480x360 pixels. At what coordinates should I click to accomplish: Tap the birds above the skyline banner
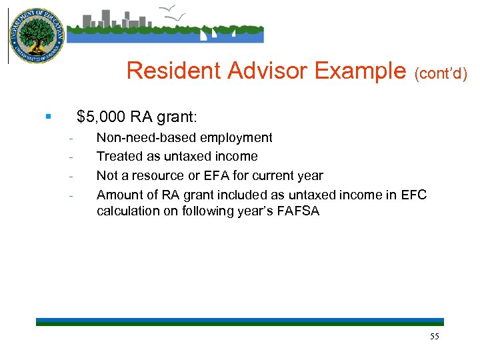[x=174, y=12]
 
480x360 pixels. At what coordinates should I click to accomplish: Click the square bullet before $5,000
[x=48, y=117]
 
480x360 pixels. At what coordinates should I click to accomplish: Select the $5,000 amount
[x=101, y=117]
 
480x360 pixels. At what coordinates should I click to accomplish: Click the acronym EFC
[x=413, y=195]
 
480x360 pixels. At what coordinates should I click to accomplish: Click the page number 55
[x=435, y=337]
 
